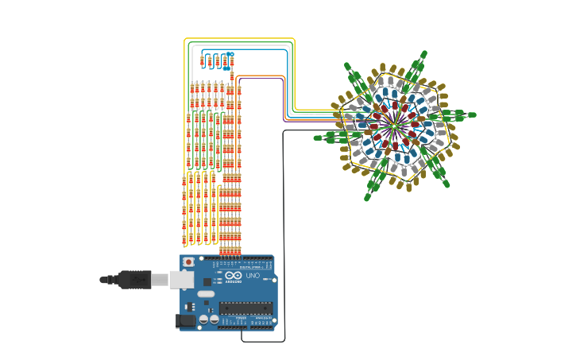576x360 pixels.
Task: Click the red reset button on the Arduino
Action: [188, 261]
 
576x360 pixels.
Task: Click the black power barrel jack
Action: [185, 320]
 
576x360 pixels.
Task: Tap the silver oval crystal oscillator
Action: [206, 294]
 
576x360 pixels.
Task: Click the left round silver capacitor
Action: [204, 319]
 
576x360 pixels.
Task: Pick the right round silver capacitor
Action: [214, 319]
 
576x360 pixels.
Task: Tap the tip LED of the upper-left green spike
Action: [347, 64]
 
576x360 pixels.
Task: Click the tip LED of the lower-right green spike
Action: [446, 184]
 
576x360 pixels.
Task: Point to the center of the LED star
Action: [394, 126]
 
